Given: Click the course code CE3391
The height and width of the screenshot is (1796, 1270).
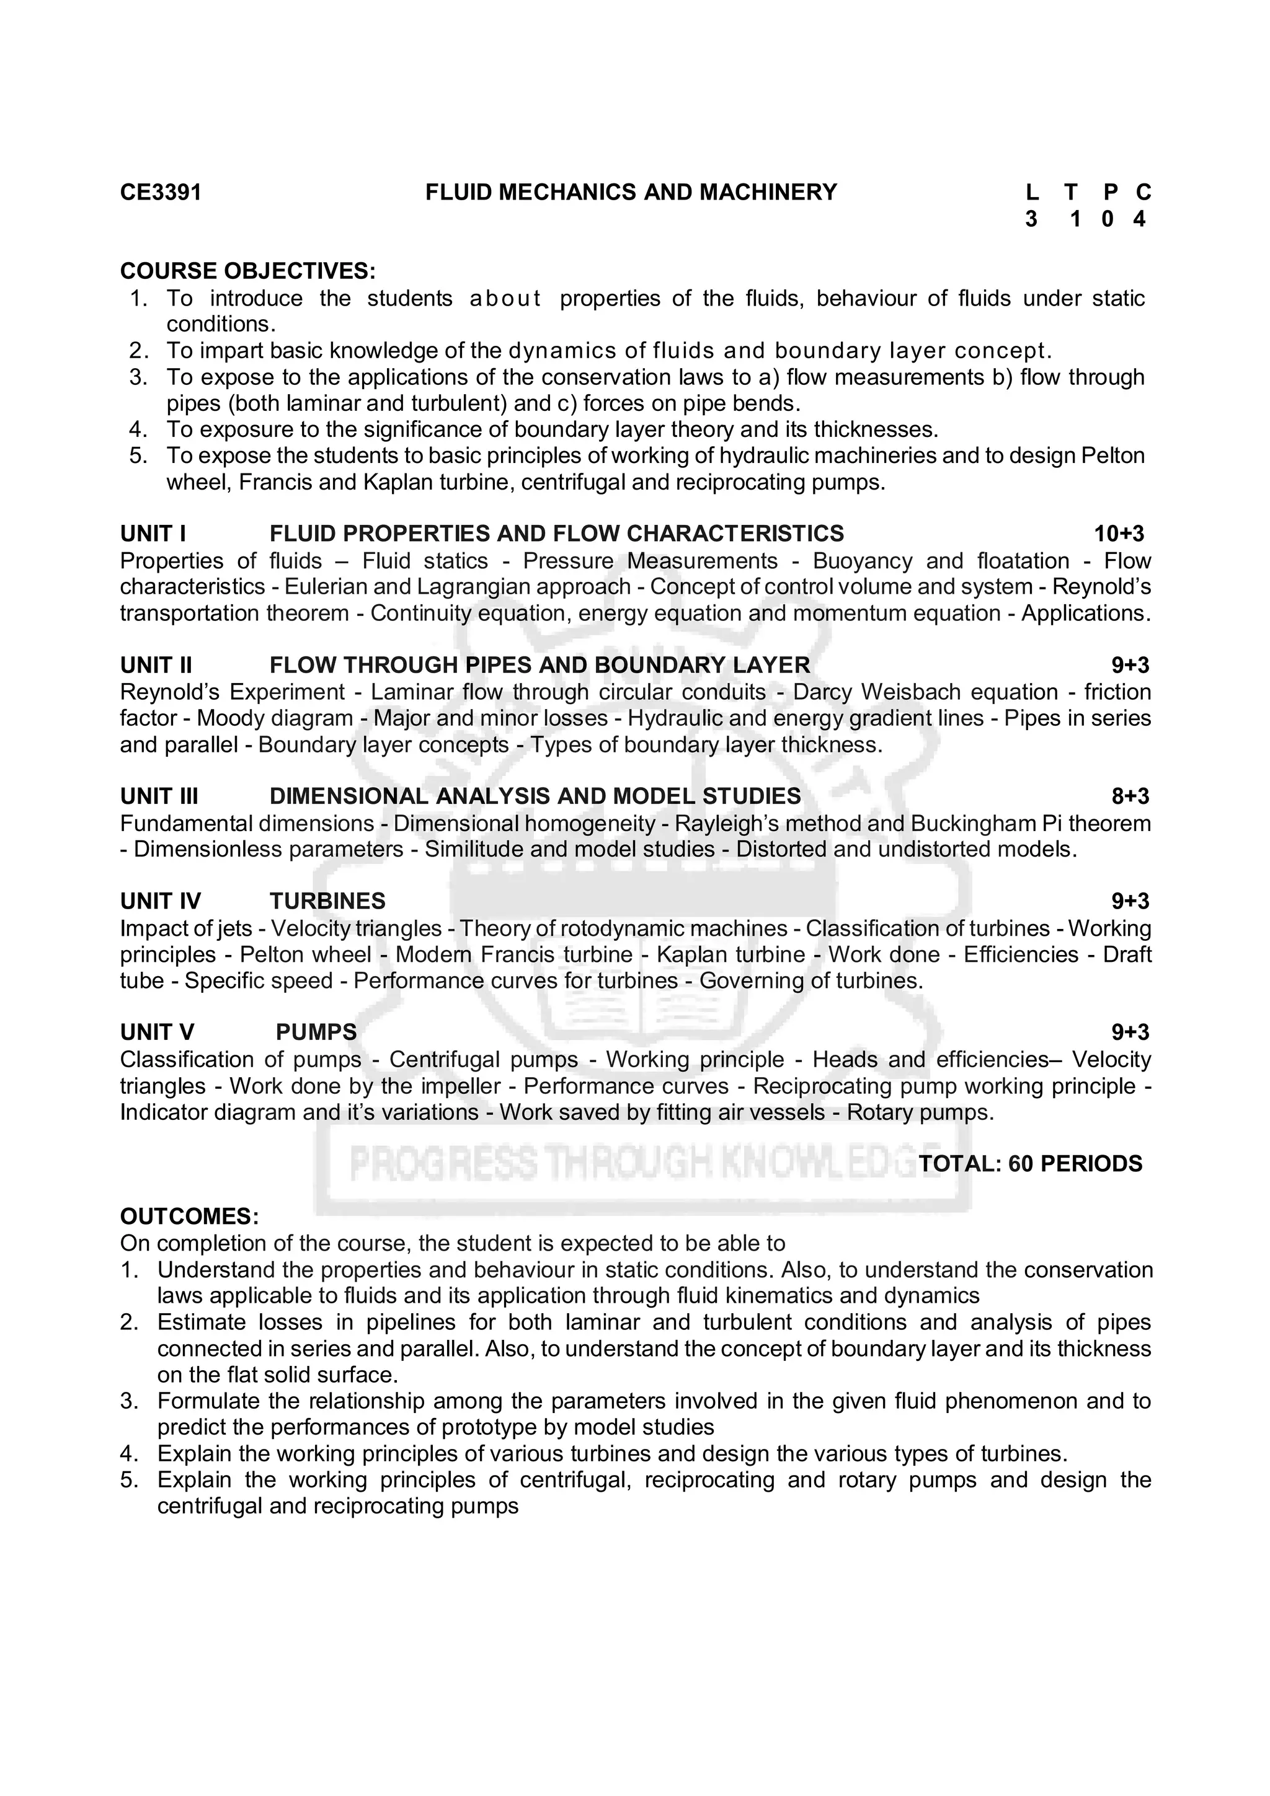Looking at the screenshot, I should (x=161, y=192).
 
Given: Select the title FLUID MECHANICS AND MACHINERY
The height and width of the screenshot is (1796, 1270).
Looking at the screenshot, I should (x=631, y=192).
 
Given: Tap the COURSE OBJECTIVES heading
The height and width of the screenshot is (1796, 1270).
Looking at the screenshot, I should (x=247, y=271).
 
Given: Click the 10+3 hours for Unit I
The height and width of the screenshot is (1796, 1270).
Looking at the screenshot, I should (x=1118, y=534).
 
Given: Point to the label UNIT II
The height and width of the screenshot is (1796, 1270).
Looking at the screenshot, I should (x=156, y=665).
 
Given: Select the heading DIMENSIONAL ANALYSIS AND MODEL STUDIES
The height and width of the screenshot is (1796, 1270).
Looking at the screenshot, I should (x=535, y=796).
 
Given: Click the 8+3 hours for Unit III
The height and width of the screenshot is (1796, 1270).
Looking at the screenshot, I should (x=1130, y=796).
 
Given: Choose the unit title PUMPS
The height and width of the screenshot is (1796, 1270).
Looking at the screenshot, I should (x=316, y=1032).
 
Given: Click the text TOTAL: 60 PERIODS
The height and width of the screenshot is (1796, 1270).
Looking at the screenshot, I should (x=1030, y=1164).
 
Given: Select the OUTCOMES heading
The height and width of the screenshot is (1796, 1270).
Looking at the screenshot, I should (x=189, y=1217).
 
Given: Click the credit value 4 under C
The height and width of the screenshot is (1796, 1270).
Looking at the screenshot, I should (x=1139, y=220).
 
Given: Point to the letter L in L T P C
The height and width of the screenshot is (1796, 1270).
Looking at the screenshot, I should (x=1031, y=192).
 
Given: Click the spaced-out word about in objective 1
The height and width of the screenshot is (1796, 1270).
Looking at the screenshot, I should (x=505, y=299).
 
